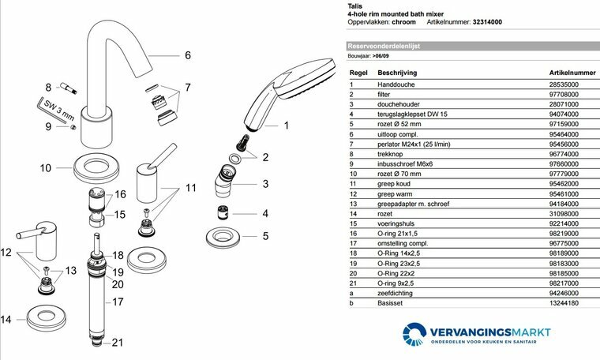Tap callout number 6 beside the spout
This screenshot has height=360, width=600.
coord(187,55)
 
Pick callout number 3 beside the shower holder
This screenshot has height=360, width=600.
coord(265,184)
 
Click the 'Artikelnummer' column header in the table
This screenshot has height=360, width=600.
coord(572,71)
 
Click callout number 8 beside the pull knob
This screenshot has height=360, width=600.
coord(47,87)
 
